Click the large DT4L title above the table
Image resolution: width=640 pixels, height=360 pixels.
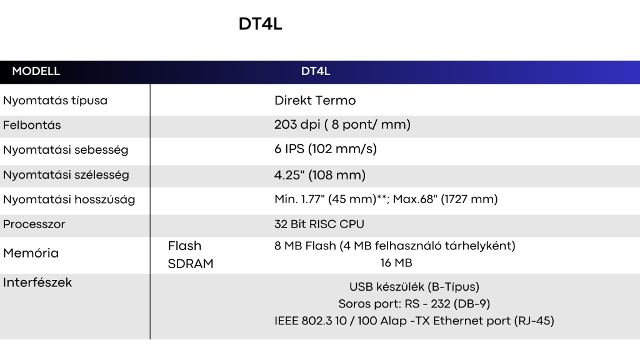pos(261,24)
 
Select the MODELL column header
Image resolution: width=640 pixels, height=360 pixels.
pos(36,71)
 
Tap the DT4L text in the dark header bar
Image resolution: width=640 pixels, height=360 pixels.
pos(316,71)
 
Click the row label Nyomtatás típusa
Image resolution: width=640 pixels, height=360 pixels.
pos(55,101)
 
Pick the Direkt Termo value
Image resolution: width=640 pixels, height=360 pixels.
pos(315,101)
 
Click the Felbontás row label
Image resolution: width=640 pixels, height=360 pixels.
pos(32,125)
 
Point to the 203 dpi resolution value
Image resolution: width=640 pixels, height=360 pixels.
pos(342,124)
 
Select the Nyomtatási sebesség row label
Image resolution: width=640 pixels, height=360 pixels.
pos(66,150)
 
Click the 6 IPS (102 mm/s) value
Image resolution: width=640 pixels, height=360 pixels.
pos(325,149)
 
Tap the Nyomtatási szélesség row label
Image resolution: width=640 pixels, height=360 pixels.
pos(66,175)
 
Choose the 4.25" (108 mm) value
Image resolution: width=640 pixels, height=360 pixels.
pos(320,175)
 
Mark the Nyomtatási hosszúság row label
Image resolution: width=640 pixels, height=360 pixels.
pos(69,199)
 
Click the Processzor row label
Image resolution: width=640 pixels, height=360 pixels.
pos(34,224)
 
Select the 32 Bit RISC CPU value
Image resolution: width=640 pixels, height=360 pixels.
pos(319,224)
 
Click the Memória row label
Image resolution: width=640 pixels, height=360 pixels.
pos(31,253)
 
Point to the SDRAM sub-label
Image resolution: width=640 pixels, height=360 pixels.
pos(191,264)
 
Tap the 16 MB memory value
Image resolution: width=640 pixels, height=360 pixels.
pos(396,263)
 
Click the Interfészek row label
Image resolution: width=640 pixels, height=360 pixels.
pos(37,282)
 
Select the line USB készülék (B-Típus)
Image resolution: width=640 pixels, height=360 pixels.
pos(414,287)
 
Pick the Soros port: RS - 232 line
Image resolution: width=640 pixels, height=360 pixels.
pos(414,304)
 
